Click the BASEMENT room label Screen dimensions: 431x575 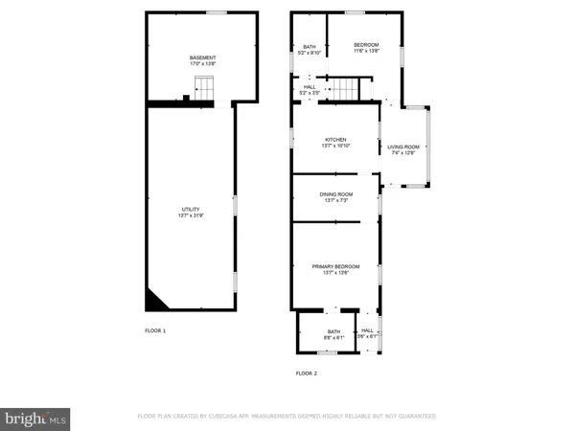point(202,57)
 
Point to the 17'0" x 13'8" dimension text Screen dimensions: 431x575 point(202,64)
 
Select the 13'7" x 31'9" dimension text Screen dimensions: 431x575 point(192,215)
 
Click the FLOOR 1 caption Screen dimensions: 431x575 point(155,330)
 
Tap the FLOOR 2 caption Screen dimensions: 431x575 point(306,373)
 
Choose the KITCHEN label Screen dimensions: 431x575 point(334,139)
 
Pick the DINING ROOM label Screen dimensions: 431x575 point(334,193)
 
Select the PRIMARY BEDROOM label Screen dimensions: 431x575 point(334,265)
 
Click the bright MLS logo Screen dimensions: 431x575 point(37,418)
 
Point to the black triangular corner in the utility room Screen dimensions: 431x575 point(151,302)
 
